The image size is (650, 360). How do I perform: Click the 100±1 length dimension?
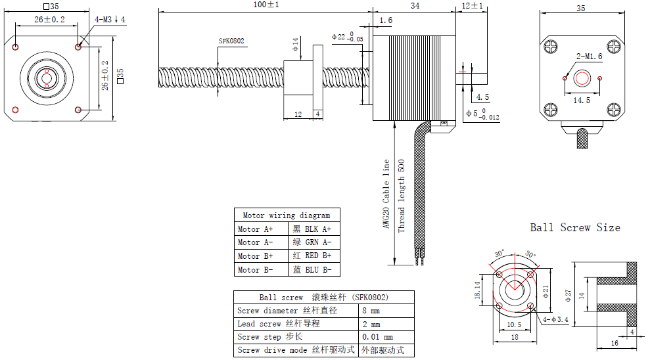266,5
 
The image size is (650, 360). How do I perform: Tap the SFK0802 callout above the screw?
231,41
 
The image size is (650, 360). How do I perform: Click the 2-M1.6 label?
588,56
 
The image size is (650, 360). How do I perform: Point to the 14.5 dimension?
582,101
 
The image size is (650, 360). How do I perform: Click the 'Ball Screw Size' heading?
575,228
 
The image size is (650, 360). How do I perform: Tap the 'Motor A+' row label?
255,229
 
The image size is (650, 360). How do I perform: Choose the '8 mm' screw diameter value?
371,311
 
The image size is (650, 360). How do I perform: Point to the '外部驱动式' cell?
383,351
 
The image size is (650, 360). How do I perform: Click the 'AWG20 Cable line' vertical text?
386,195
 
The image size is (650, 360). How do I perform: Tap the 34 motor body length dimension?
415,5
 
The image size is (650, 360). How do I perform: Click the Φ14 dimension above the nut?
296,45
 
